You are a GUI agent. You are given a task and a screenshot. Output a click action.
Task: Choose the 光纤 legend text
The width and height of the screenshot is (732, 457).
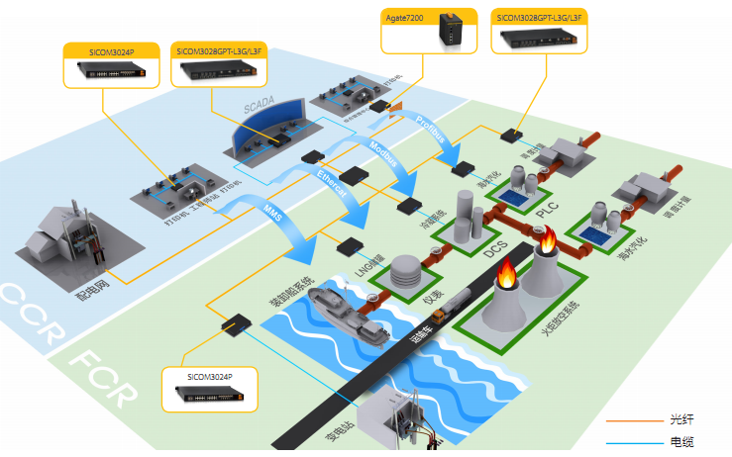click(x=682, y=420)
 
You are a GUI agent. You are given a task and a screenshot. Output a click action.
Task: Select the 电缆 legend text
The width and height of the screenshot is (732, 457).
click(x=682, y=442)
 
